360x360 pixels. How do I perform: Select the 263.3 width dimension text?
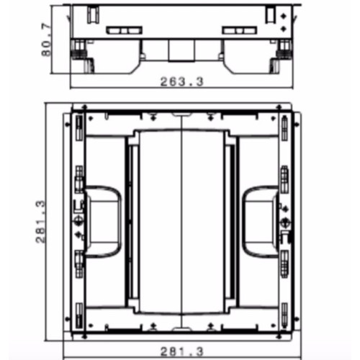pos(181,81)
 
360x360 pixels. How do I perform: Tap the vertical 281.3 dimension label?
pos(40,222)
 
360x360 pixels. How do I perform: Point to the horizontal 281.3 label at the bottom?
pos(181,351)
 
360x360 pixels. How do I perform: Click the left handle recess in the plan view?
pos(103,222)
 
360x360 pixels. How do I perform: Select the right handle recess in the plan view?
pos(261,222)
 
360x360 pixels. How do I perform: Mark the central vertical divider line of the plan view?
pos(181,221)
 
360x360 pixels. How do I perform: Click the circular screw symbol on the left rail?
pos(78,221)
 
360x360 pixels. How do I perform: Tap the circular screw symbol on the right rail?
pos(285,222)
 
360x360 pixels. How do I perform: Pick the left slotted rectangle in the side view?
pos(124,30)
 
